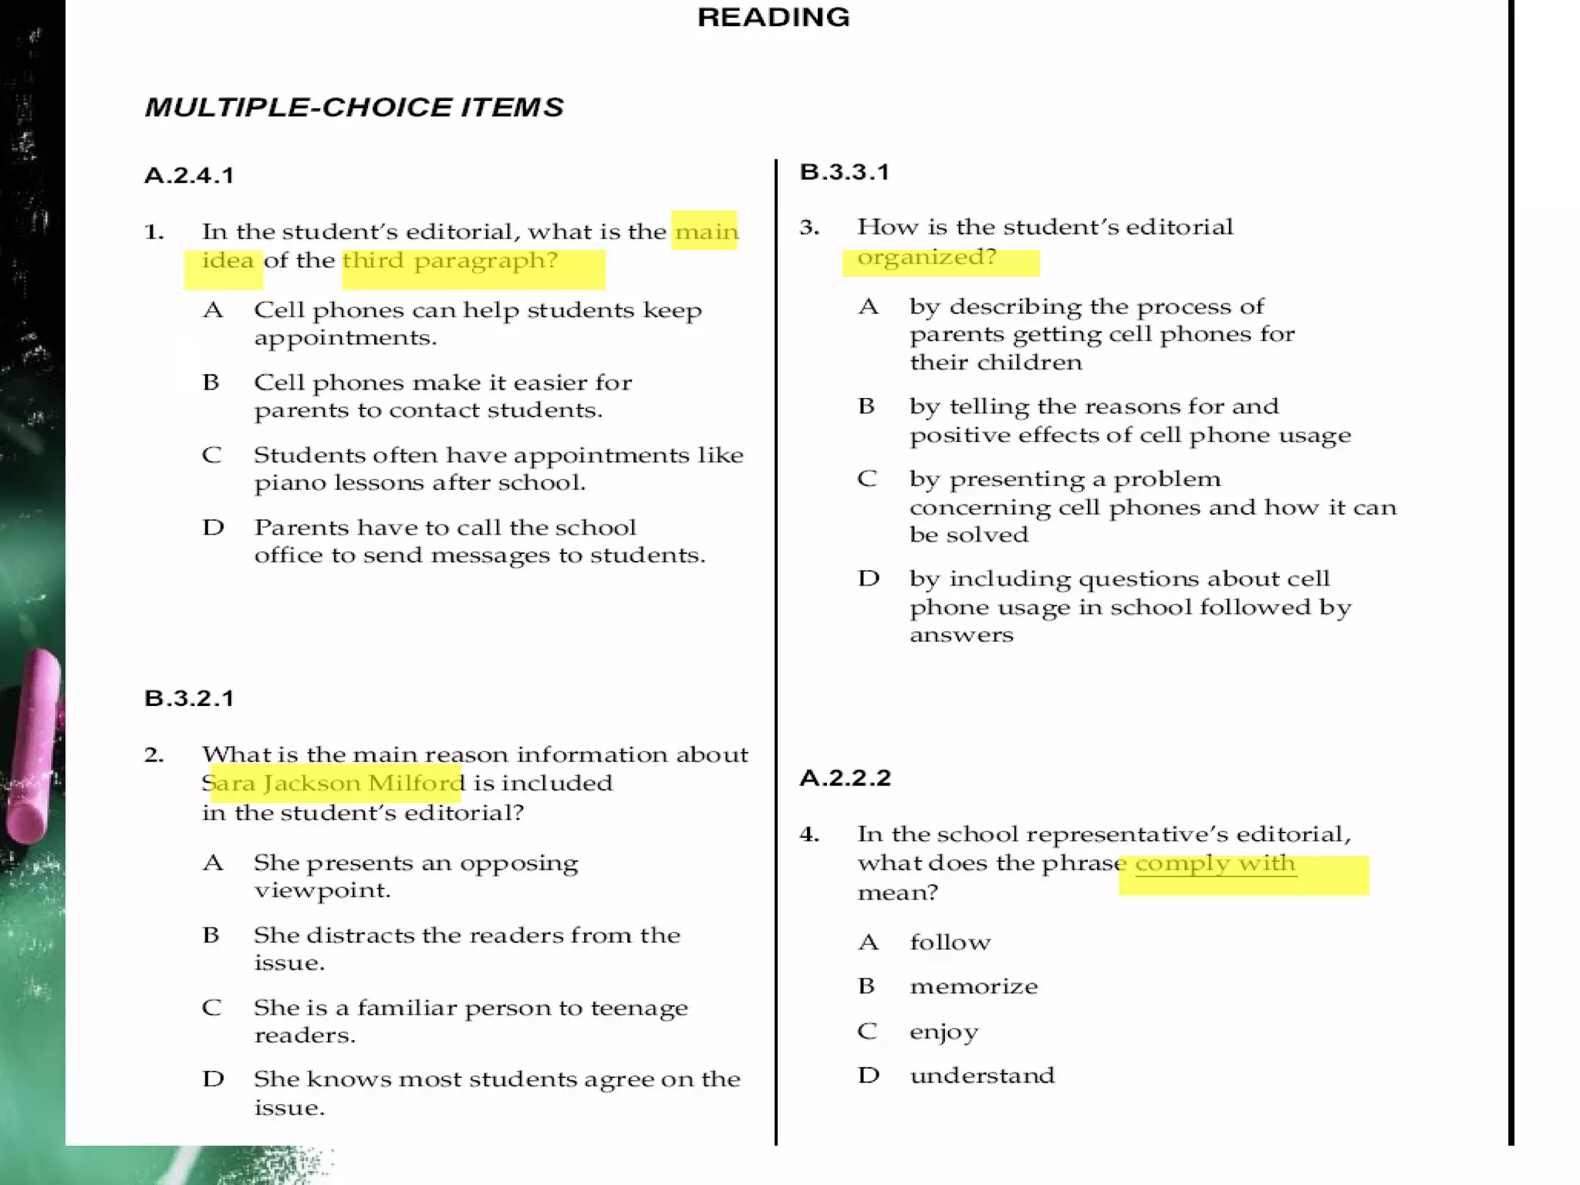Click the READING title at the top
[x=773, y=17]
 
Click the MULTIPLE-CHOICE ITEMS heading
[x=354, y=107]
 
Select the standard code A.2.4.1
[x=189, y=176]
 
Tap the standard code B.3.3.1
[x=845, y=172]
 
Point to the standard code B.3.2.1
[x=189, y=699]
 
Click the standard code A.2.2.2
[x=845, y=778]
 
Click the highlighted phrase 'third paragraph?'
[x=450, y=261]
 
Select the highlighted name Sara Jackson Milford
[x=336, y=783]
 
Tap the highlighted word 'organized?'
[x=927, y=257]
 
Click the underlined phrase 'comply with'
[x=1215, y=863]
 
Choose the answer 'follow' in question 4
[x=950, y=943]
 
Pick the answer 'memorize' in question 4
[x=974, y=987]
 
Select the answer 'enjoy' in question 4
[x=944, y=1031]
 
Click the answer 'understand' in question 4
[x=981, y=1075]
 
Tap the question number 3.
[x=809, y=228]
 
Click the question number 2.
[x=154, y=755]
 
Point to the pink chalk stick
[x=33, y=745]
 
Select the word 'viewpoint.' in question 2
[x=322, y=891]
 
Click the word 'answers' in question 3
[x=960, y=635]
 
